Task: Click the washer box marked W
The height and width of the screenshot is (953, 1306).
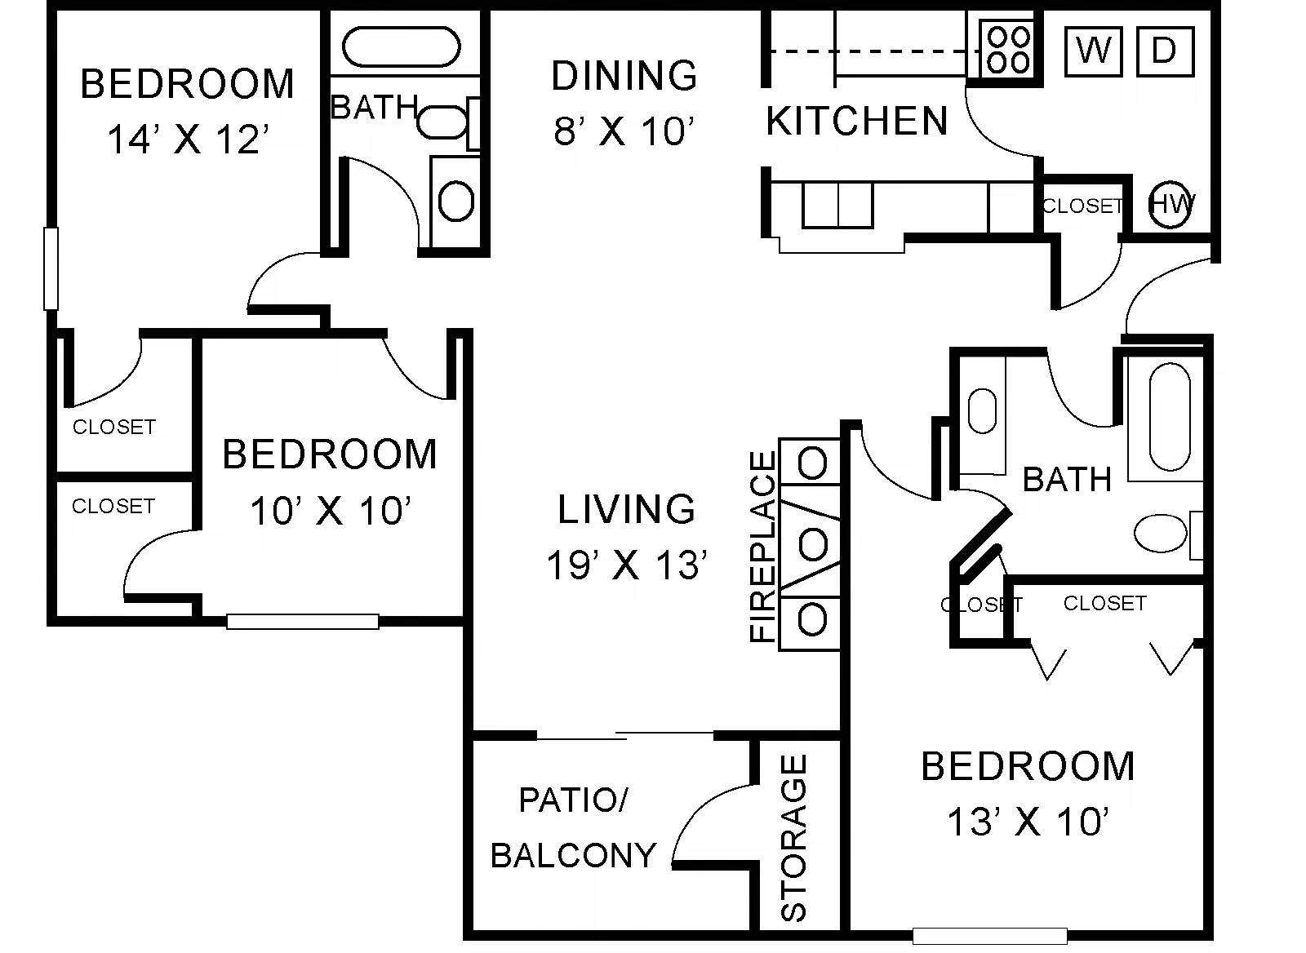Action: [1093, 52]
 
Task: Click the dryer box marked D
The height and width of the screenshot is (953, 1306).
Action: [1165, 52]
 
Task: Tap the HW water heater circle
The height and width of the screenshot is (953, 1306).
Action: [1171, 205]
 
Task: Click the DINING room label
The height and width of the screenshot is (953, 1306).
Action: [624, 76]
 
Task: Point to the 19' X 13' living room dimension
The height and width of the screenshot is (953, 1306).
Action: [628, 565]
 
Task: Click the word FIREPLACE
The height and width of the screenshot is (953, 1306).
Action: [763, 547]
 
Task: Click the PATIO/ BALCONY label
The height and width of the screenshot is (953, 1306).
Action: [574, 827]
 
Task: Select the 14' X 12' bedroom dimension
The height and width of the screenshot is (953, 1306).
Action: [189, 140]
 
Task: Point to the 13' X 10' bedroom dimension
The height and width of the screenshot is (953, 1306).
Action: [1028, 821]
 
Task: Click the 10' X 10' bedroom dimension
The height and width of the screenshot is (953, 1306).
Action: [331, 511]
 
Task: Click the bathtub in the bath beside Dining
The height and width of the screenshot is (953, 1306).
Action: [401, 47]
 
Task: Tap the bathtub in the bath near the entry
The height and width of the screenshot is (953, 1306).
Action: [1170, 417]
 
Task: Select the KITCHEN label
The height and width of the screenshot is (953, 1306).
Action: [856, 121]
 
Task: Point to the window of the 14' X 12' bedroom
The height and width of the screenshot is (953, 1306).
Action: [51, 268]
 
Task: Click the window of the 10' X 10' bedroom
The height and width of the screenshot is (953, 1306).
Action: [303, 622]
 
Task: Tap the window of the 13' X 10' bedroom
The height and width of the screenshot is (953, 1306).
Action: [990, 936]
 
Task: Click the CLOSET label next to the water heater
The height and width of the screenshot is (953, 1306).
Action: [1082, 206]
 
